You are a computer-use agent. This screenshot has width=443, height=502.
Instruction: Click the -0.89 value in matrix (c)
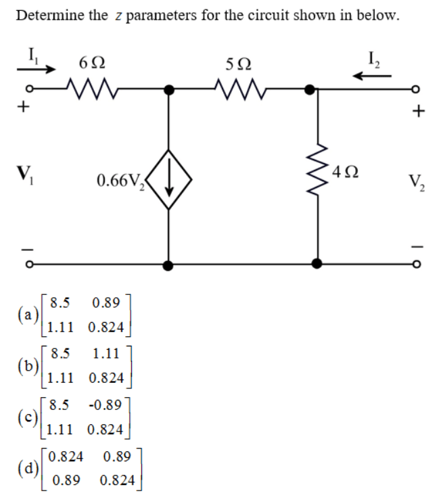[105, 406]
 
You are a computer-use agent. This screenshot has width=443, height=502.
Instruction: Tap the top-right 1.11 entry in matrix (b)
[105, 352]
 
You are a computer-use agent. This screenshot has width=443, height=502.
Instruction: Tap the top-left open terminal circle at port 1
[28, 89]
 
